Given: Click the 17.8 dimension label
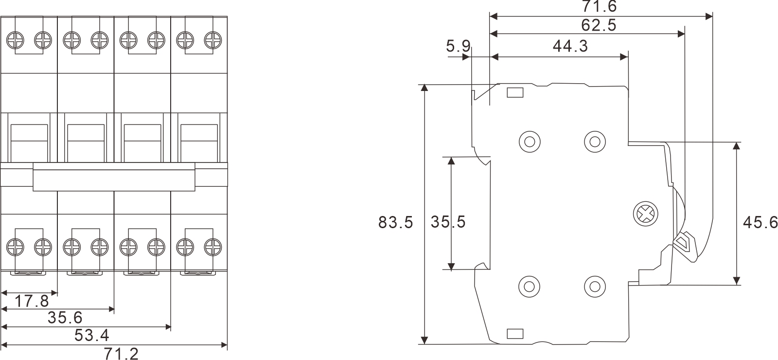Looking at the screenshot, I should point(31,302).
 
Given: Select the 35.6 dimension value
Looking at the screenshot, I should point(65,318).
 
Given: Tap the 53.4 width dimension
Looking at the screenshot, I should point(91,335).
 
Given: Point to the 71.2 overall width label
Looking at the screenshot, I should point(121,353).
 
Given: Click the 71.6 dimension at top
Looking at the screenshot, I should point(599,7).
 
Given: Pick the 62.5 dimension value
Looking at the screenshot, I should point(599,25).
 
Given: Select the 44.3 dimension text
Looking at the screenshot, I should point(570,46).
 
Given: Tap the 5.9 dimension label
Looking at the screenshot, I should point(458,47).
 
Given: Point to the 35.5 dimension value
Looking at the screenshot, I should point(448,222).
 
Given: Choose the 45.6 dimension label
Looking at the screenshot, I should point(760,222).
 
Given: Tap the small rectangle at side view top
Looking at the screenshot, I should point(515,92).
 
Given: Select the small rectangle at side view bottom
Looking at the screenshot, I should point(515,333).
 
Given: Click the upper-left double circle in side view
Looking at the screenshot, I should point(530,142).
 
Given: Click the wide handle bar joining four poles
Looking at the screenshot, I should point(114,177).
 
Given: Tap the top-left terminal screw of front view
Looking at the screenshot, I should point(16,39).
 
